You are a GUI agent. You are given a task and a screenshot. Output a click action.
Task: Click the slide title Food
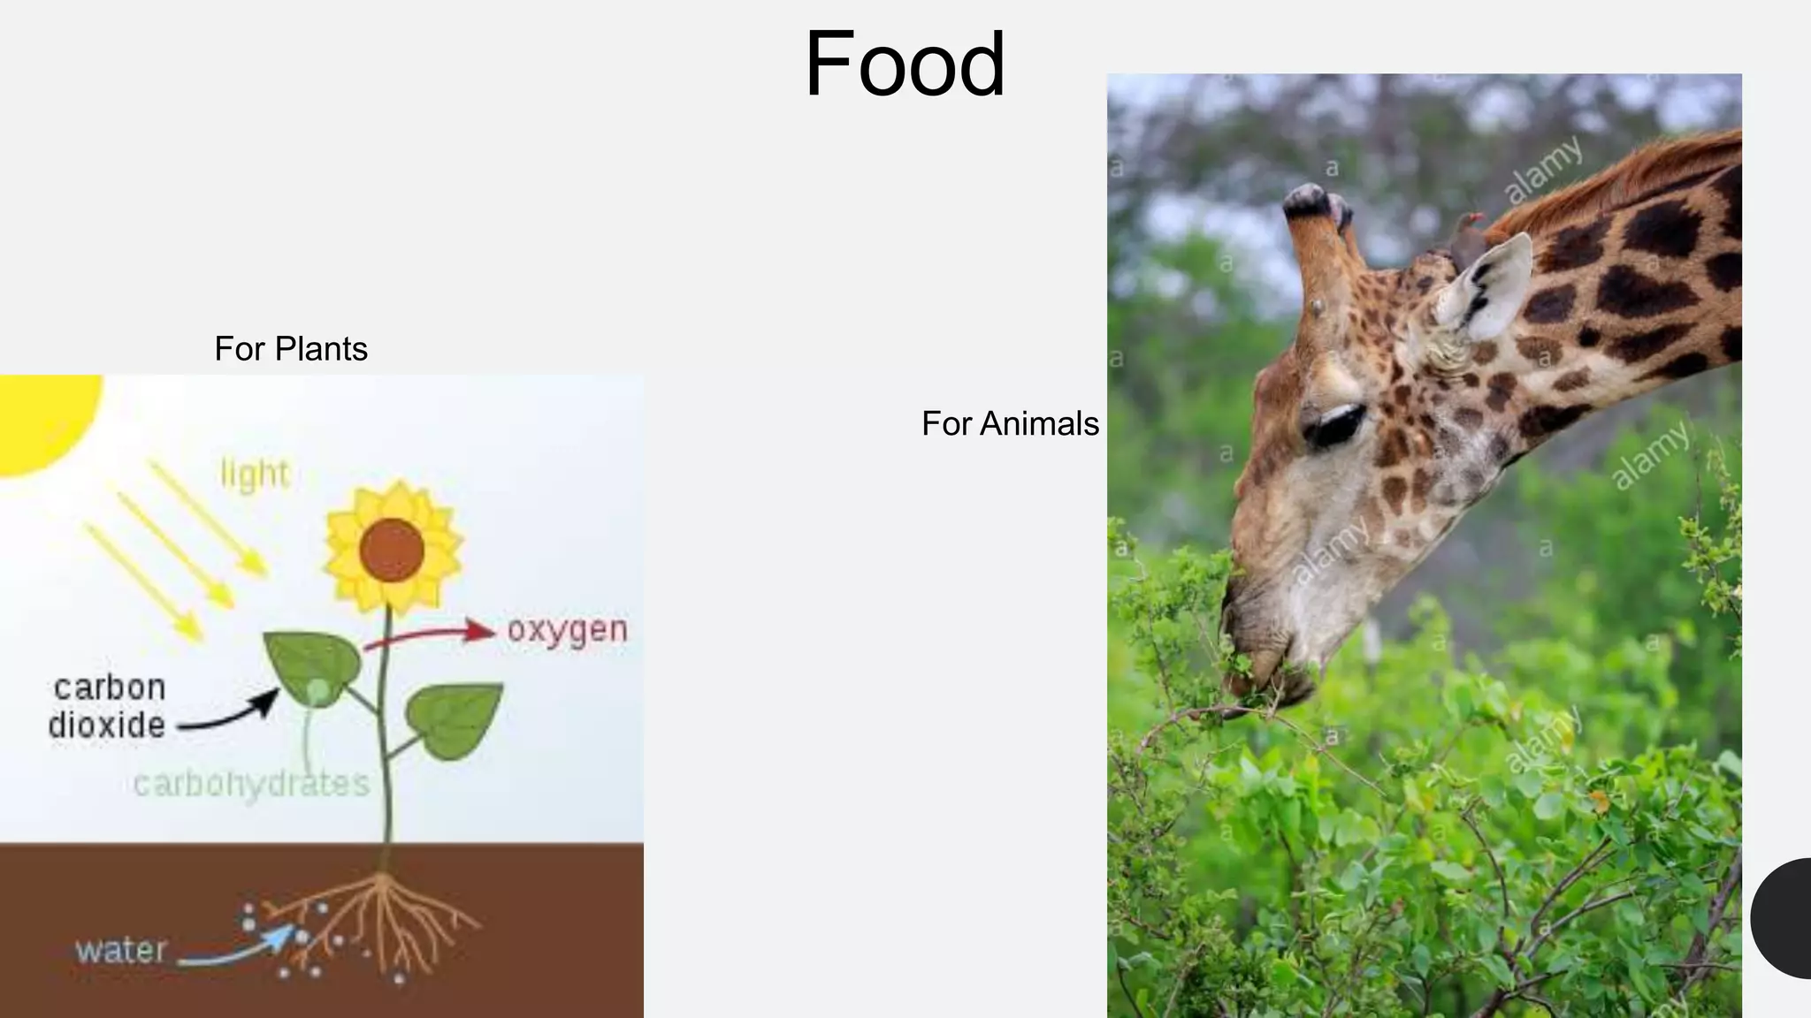click(x=904, y=65)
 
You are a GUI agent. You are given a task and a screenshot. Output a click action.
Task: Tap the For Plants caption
click(x=290, y=349)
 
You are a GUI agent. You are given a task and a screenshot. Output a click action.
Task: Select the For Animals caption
click(x=1009, y=424)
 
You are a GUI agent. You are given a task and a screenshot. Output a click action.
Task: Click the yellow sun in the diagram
click(x=44, y=420)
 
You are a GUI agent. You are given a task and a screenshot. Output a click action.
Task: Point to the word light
click(x=255, y=475)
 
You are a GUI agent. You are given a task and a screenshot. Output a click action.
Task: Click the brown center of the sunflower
click(x=392, y=550)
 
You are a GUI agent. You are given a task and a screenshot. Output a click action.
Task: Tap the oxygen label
click(x=567, y=630)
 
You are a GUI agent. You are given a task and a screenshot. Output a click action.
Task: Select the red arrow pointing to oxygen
click(x=433, y=634)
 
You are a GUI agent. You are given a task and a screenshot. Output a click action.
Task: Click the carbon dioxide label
click(x=108, y=707)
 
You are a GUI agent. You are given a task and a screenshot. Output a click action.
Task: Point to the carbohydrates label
click(x=251, y=784)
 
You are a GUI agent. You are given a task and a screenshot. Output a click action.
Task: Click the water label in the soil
click(x=121, y=951)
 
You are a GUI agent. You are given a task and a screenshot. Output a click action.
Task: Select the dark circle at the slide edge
click(x=1782, y=918)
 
